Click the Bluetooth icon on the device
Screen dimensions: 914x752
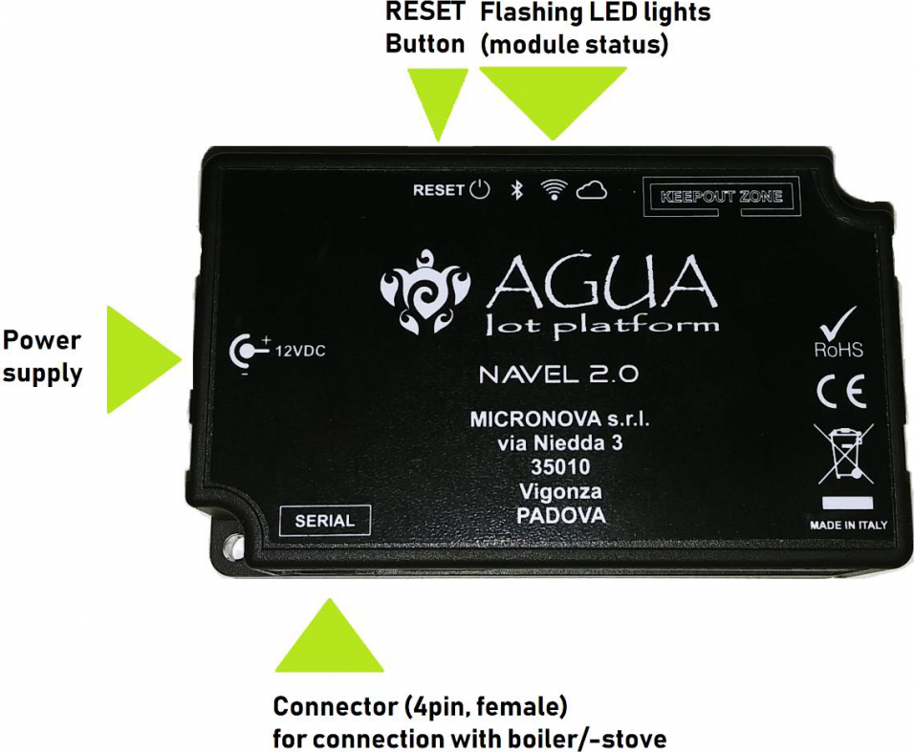point(516,190)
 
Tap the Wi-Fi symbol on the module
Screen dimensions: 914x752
point(554,189)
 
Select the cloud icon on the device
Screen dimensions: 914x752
point(592,190)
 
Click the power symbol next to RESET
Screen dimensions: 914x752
point(480,190)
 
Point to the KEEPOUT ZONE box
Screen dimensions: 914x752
point(721,196)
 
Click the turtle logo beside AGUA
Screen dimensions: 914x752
point(424,291)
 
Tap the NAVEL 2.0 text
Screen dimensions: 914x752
point(558,374)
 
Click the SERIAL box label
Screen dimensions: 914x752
point(325,520)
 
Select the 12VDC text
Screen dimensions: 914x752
point(300,352)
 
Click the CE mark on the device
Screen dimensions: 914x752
point(841,392)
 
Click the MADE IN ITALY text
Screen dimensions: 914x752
point(848,525)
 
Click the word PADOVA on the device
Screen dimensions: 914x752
point(561,516)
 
